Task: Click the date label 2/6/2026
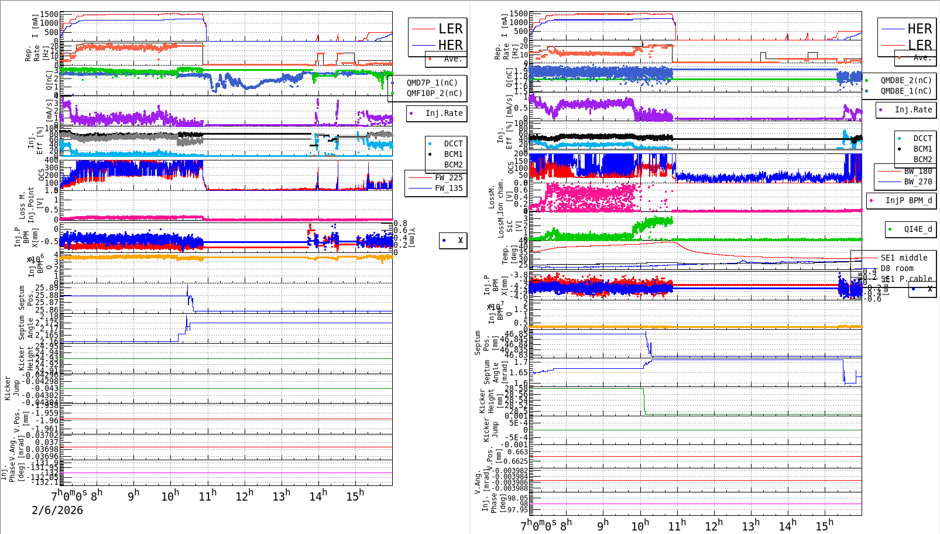tap(57, 510)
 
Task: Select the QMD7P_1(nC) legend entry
tap(432, 83)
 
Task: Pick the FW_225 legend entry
tap(448, 177)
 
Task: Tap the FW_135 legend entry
tap(448, 188)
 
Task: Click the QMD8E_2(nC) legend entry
tap(905, 80)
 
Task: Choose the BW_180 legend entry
tap(918, 171)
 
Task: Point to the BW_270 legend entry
tap(918, 182)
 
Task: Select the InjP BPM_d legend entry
tap(908, 200)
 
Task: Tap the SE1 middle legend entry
tap(904, 258)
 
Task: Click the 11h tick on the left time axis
tap(208, 496)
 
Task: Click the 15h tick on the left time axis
tap(355, 496)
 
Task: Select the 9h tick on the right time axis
tap(603, 526)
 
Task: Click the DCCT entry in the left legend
tap(453, 143)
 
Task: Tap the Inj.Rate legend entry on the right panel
tap(913, 109)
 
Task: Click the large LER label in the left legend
tap(450, 29)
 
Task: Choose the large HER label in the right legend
tap(920, 29)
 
